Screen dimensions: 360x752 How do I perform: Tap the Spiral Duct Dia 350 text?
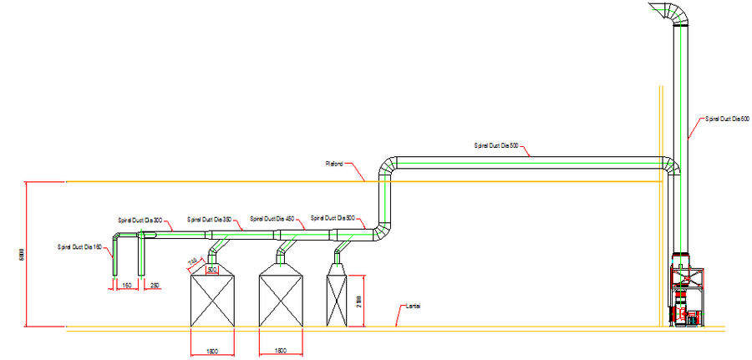tap(208, 219)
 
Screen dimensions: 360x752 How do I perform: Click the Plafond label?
tap(335, 163)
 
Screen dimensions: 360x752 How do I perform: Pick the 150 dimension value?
tap(127, 286)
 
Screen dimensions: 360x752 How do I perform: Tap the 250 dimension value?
tap(155, 286)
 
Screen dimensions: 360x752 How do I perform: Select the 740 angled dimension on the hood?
tap(192, 263)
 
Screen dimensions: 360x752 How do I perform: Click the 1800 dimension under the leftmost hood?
tap(212, 351)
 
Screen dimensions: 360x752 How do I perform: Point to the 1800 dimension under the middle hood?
tap(281, 351)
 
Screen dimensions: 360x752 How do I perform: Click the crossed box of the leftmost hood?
tap(212, 299)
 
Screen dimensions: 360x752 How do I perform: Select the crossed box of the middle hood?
tap(281, 299)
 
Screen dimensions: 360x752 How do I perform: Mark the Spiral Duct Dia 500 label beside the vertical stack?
tap(724, 119)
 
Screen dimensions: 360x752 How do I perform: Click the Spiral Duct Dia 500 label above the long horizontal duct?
tap(497, 146)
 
